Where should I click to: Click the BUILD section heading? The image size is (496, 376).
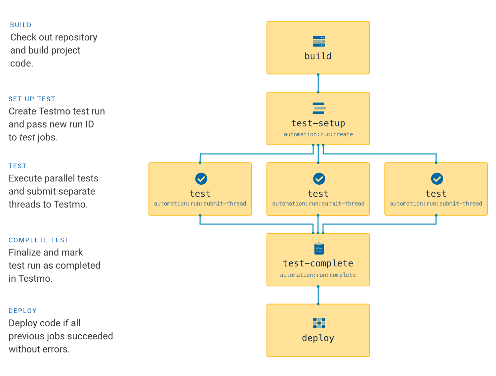(x=21, y=25)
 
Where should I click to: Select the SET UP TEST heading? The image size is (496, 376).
(x=32, y=99)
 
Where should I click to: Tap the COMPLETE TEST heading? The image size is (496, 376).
(x=39, y=240)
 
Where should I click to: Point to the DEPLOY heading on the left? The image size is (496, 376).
(x=22, y=311)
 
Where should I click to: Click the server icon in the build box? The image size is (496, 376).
(x=319, y=41)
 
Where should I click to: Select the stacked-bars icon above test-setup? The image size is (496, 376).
(x=319, y=108)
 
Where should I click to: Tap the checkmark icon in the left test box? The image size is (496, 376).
(x=201, y=179)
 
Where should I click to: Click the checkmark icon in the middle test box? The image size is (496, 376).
(x=319, y=179)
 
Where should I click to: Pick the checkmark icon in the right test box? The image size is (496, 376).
(x=437, y=179)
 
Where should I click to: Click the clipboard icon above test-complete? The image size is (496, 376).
(x=319, y=249)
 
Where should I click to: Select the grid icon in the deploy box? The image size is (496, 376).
(x=319, y=323)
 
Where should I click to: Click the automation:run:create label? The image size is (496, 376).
(x=318, y=134)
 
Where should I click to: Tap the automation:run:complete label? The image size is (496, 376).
(x=318, y=275)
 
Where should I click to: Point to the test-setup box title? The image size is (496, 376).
(x=318, y=123)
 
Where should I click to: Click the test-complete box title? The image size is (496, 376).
(x=318, y=263)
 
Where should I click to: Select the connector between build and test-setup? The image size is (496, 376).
(x=318, y=83)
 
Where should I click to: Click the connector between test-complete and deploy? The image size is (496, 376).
(x=318, y=295)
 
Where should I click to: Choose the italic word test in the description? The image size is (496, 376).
(x=27, y=137)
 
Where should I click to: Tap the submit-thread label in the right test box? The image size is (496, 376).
(x=436, y=204)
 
